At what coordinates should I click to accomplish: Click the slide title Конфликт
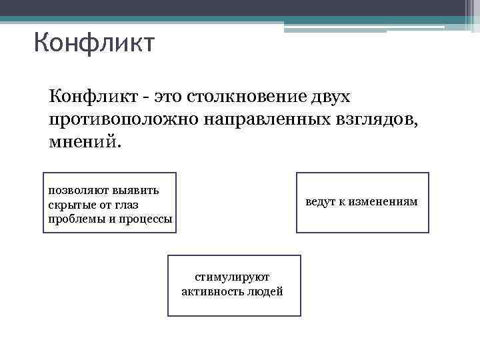94,44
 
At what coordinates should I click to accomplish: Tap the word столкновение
247,97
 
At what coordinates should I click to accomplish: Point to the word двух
329,97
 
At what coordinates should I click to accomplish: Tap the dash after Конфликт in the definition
145,99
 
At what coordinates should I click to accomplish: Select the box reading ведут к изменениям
362,202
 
